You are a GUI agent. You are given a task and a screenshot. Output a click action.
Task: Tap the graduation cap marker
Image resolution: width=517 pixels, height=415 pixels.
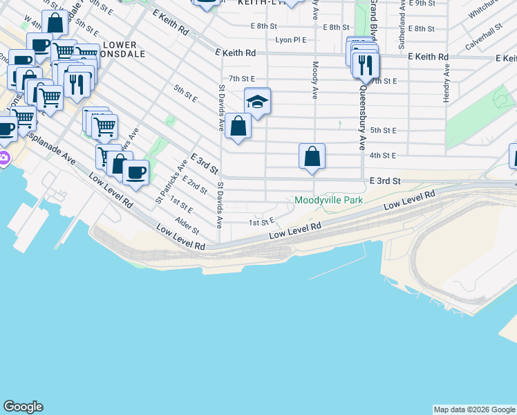point(257,102)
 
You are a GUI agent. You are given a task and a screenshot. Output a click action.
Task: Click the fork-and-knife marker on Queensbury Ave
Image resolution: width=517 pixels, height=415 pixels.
point(365,65)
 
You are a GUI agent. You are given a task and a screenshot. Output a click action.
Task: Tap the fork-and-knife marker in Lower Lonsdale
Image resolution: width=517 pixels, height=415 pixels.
point(76,84)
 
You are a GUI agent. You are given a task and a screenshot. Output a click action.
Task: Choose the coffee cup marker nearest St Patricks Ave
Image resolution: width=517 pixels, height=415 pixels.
point(135,172)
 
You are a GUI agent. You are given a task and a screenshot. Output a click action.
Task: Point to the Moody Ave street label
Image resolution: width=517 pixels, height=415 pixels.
point(315,80)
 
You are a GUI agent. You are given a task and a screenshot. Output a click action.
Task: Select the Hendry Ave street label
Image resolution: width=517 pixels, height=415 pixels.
point(447,84)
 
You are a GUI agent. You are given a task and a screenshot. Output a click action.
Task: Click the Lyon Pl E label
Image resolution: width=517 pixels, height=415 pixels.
point(291,40)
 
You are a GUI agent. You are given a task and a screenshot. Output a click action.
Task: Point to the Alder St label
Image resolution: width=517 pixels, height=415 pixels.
point(187,225)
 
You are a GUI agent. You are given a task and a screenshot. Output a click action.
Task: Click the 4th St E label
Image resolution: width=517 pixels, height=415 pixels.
point(382,156)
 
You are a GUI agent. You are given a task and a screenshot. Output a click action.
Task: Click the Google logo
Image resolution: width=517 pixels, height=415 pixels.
point(23,407)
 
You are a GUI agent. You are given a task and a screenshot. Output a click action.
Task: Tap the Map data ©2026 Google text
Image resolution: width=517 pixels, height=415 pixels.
point(473,409)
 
